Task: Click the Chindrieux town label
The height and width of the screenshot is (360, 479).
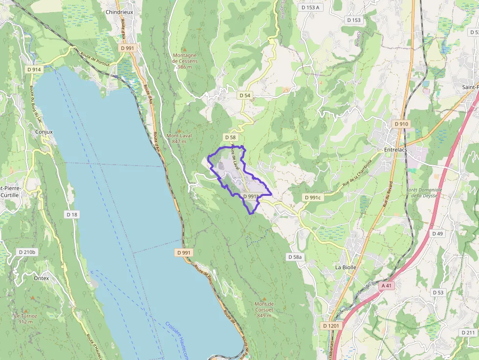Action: point(120,12)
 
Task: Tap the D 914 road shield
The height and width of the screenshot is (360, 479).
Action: point(34,69)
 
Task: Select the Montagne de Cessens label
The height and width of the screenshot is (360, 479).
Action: point(185,61)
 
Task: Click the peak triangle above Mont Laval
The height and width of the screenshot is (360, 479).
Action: point(179,129)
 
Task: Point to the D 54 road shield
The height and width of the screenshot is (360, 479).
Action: point(245,95)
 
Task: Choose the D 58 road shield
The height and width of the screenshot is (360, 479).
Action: point(230,137)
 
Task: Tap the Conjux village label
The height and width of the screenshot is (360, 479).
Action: point(44,132)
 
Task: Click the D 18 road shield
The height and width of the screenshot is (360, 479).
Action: point(72,214)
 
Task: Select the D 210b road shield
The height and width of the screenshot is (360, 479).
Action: point(26,252)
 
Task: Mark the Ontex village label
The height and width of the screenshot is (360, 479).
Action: point(42,278)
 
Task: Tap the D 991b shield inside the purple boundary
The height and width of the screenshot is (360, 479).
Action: point(251,196)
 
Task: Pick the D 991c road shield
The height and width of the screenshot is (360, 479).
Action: point(312,197)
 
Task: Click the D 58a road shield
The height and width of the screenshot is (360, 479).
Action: point(295,256)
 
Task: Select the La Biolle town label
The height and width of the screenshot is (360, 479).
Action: point(346,268)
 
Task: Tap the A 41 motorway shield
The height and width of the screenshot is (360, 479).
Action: point(386,285)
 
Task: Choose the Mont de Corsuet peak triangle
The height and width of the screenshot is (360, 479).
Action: point(264,298)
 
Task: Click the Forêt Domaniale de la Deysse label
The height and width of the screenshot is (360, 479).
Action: point(424,192)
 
